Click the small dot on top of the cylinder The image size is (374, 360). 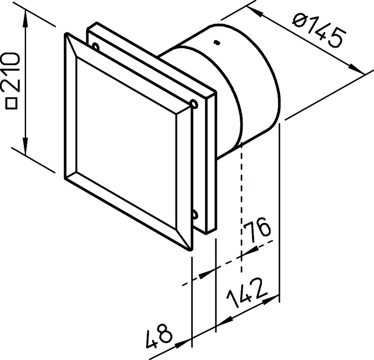tap(216, 42)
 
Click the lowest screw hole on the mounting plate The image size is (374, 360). tap(195, 214)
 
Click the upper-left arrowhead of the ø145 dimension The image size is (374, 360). tap(255, 12)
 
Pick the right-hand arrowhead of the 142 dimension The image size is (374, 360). tap(270, 300)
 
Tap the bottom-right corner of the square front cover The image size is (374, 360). tap(190, 250)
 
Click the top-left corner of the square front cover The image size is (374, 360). tap(66, 34)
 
